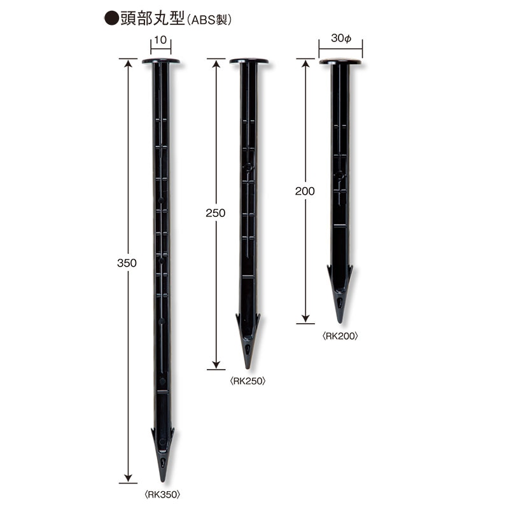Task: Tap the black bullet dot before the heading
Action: [x=111, y=18]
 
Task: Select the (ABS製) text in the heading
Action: [x=209, y=20]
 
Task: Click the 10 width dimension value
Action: [x=160, y=40]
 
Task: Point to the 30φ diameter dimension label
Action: [x=341, y=38]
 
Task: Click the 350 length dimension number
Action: [x=127, y=263]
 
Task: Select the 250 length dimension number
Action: [x=215, y=213]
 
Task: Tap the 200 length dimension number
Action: [x=305, y=192]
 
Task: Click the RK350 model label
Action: [x=162, y=494]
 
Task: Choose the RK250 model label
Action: [x=248, y=380]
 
